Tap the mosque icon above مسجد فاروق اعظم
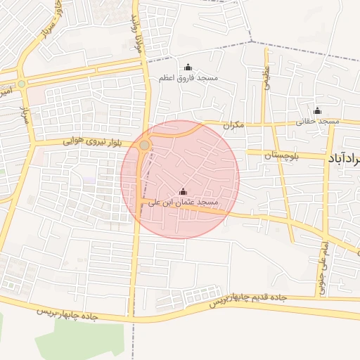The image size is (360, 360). [x=188, y=67]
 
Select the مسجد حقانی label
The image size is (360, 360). [x=318, y=121]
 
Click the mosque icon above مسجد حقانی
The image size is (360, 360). [x=317, y=110]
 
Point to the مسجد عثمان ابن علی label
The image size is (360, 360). [x=182, y=202]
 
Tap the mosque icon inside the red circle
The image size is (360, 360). [x=184, y=191]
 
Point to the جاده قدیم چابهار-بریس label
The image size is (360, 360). [x=248, y=299]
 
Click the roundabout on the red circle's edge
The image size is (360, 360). [x=144, y=145]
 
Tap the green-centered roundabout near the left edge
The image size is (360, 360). [x=22, y=84]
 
